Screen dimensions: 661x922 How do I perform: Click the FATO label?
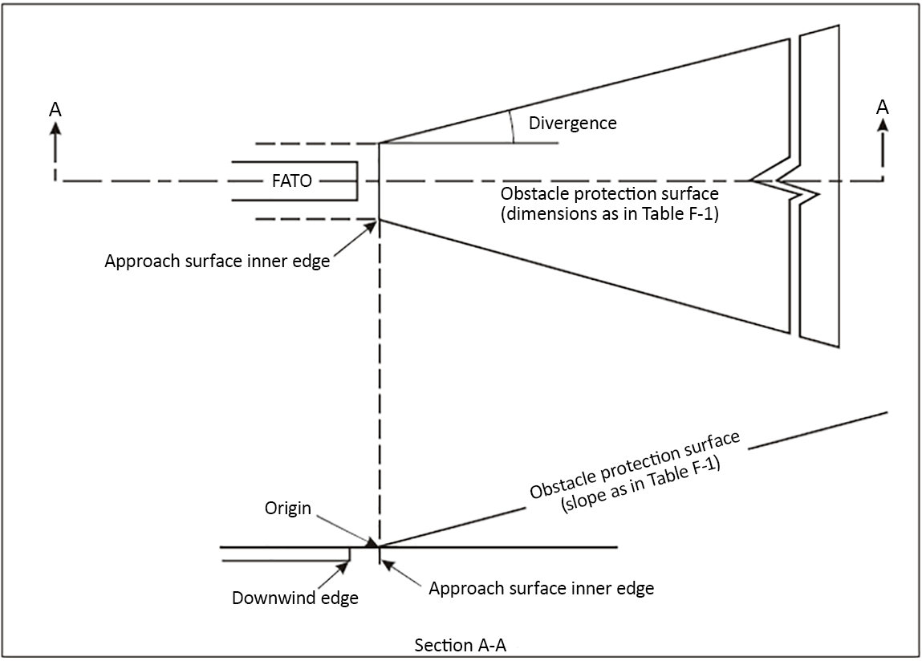(291, 181)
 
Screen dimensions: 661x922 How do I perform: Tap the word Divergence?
(572, 123)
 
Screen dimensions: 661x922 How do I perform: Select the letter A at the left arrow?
(55, 109)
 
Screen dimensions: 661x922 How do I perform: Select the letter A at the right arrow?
(883, 107)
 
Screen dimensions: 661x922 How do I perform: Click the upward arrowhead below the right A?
(883, 126)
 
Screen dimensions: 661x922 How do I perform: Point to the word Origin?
(288, 509)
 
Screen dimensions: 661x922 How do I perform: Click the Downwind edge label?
(294, 598)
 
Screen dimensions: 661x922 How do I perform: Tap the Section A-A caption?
(460, 646)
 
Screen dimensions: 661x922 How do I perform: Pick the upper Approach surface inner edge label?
(217, 262)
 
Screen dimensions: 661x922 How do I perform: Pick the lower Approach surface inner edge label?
(541, 588)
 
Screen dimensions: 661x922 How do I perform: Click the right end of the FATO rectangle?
(357, 181)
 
